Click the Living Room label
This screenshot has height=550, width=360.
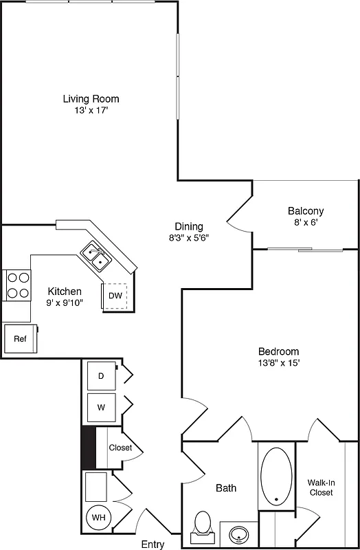coord(91,99)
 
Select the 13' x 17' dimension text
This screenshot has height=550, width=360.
coord(91,111)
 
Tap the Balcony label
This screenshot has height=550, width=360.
coord(306,211)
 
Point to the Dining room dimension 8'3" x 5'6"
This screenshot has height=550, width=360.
coord(188,238)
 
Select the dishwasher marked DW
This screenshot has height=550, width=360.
coord(115,296)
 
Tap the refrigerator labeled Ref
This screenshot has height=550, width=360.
coord(20,339)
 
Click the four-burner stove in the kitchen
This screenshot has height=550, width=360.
coord(18,285)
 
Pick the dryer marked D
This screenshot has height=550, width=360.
coord(101,376)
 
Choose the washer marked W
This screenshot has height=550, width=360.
coord(101,407)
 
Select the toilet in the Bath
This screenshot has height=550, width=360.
coord(203,522)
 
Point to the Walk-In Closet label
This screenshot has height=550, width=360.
coord(320,487)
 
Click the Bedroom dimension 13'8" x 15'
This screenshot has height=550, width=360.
coord(278,362)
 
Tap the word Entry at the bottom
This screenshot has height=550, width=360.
coord(153,544)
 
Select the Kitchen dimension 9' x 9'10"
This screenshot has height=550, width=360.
coord(65,302)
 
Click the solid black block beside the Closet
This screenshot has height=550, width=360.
coord(88,447)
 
